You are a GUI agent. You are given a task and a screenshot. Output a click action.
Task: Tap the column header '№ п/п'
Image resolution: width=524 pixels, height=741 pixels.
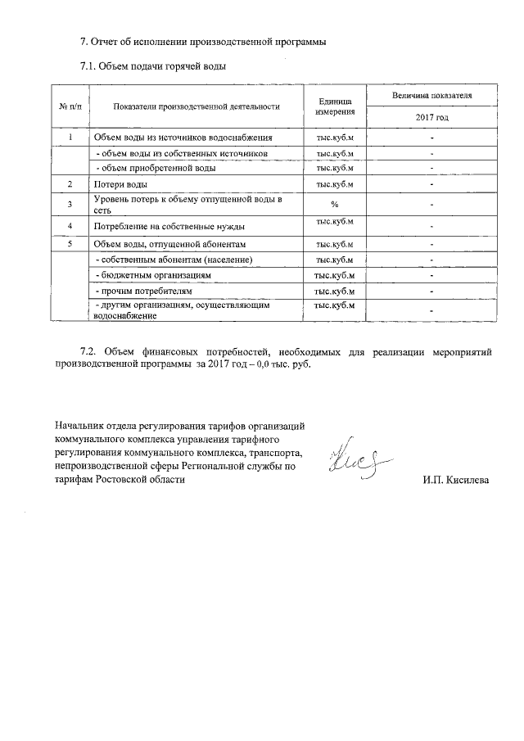pos(70,106)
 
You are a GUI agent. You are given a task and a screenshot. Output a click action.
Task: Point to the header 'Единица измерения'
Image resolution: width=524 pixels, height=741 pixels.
pos(334,106)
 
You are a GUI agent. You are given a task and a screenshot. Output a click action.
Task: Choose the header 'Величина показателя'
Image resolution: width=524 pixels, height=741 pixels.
pos(431,96)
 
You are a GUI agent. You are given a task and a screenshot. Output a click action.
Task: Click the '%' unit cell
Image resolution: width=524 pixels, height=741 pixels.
pos(334,204)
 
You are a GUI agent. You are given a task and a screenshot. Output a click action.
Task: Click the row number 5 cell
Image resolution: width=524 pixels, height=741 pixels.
pos(70,244)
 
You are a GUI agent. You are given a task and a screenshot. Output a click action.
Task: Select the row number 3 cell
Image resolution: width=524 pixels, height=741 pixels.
pos(70,204)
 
